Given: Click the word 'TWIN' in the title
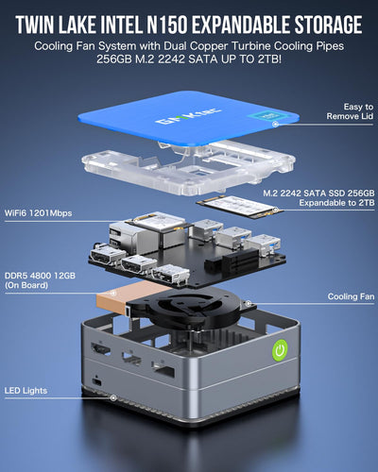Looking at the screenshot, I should coord(40,24).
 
